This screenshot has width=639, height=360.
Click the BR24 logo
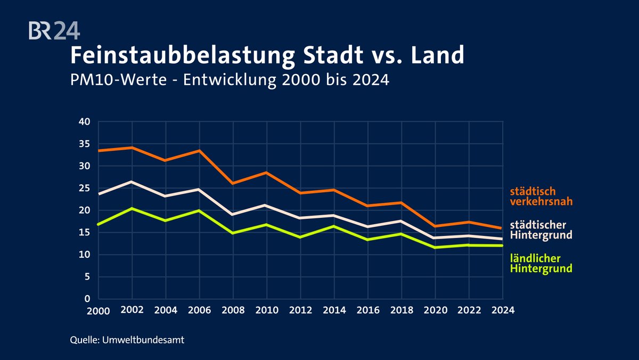(x=54, y=30)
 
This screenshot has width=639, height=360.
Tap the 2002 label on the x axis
(x=133, y=310)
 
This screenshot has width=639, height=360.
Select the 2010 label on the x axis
(x=267, y=310)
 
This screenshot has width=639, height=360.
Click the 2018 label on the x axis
(x=401, y=310)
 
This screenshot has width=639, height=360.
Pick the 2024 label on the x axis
(x=502, y=310)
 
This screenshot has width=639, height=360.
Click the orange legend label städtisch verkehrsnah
(x=541, y=197)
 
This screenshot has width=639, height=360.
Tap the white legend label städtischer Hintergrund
(x=541, y=230)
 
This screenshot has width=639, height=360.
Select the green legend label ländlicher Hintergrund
(x=541, y=264)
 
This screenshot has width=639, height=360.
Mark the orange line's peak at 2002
(x=133, y=148)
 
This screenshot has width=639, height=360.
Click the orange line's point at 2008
(x=233, y=183)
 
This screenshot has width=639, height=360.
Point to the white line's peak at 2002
(x=133, y=182)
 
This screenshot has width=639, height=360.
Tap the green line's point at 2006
(x=200, y=210)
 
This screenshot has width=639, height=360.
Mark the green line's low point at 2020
(x=435, y=247)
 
